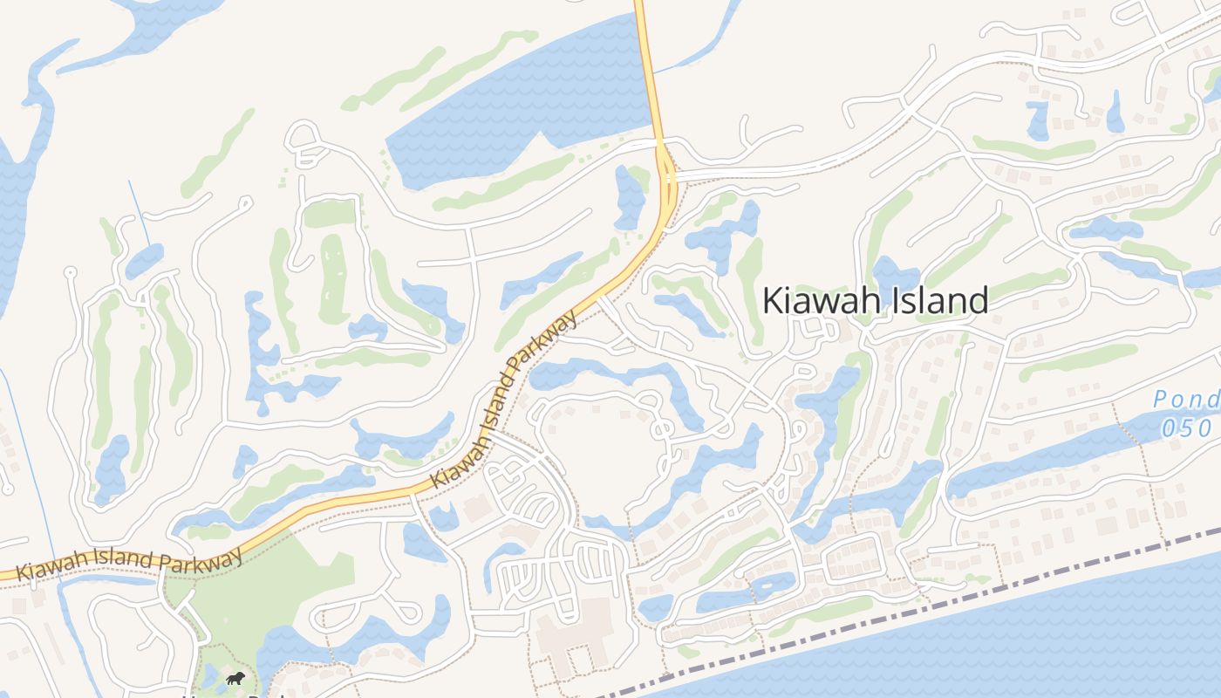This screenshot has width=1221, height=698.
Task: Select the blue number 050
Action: (1186, 428)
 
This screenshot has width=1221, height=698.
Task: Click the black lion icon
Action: (235, 678)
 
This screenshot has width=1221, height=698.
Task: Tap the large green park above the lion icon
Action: (262, 593)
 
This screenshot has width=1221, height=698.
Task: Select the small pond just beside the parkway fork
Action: (628, 196)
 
